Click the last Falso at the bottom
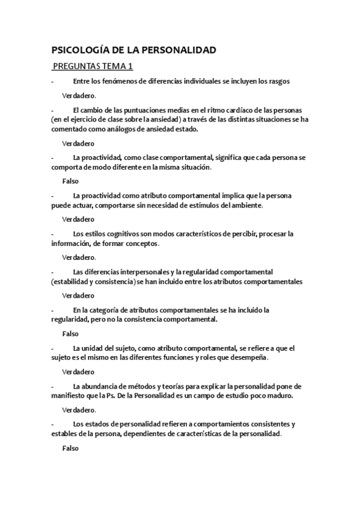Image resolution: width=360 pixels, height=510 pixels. point(70,448)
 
